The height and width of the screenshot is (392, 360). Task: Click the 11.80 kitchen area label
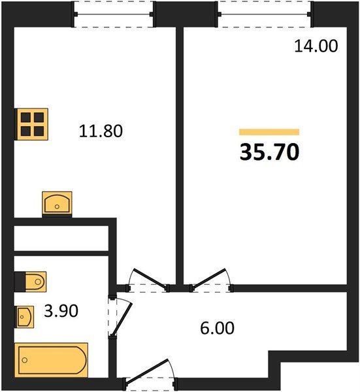[101, 131]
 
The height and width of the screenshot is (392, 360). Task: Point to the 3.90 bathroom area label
[61, 312]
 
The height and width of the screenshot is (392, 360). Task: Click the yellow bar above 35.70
[269, 132]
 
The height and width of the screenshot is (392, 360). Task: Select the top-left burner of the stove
[26, 118]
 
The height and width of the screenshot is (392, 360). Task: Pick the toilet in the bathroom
[31, 282]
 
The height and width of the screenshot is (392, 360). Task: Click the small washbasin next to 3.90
[24, 318]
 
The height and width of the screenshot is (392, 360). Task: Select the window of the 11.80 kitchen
[113, 14]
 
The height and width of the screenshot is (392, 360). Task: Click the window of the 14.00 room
[265, 14]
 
